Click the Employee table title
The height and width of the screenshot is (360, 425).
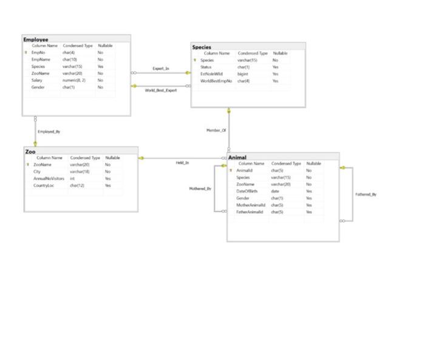(36, 39)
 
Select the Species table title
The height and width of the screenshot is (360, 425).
(202, 47)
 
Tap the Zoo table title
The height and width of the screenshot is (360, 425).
(30, 151)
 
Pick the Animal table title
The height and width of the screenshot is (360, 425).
(237, 157)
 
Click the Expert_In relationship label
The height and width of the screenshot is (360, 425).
(161, 69)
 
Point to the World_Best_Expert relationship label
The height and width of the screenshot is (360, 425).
(161, 90)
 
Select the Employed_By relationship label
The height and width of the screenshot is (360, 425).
(49, 131)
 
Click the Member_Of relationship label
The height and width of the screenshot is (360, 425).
(216, 131)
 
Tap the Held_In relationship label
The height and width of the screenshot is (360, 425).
(182, 163)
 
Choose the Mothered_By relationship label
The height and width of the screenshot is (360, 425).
(200, 189)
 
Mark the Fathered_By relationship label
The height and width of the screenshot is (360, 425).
(365, 194)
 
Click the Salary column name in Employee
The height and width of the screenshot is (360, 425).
(37, 80)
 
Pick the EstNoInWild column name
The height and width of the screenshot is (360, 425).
(211, 73)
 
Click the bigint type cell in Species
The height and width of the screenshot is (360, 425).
(243, 73)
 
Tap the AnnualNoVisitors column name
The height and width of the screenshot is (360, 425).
(49, 178)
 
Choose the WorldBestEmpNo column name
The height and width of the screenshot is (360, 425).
(216, 81)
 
